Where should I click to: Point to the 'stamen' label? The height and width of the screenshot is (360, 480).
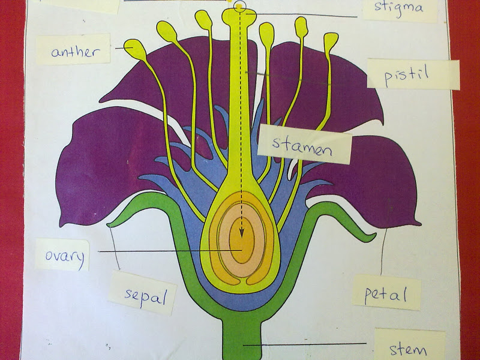point(303,145)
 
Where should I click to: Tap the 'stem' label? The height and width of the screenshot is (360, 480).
point(408,349)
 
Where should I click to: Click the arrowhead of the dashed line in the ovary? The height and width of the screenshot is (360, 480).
point(242,236)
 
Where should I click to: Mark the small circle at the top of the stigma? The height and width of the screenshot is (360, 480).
point(241,7)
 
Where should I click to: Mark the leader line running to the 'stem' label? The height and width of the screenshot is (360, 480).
point(312,344)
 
